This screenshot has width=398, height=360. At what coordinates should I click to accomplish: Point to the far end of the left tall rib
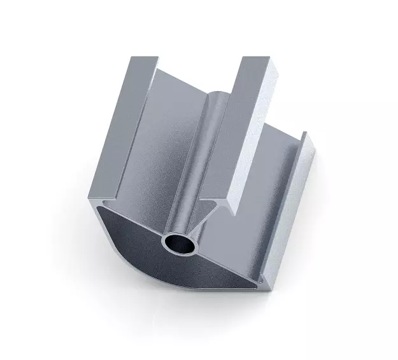click(x=144, y=60)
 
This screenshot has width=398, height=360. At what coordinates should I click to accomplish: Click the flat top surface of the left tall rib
click(x=121, y=127)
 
